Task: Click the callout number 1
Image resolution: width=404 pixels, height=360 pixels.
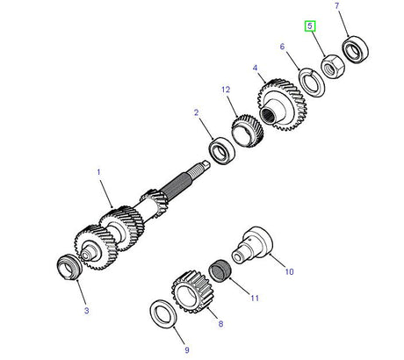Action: [99, 174]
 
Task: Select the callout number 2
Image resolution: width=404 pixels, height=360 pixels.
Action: [197, 112]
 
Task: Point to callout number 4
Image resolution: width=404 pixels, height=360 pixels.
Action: [254, 67]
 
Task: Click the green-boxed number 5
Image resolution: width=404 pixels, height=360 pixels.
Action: [310, 26]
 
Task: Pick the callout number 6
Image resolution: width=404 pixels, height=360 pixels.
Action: [282, 47]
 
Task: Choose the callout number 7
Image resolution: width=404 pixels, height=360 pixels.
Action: [338, 6]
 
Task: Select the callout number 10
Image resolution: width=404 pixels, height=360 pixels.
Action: [289, 272]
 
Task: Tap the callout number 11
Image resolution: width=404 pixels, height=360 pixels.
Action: [256, 299]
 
